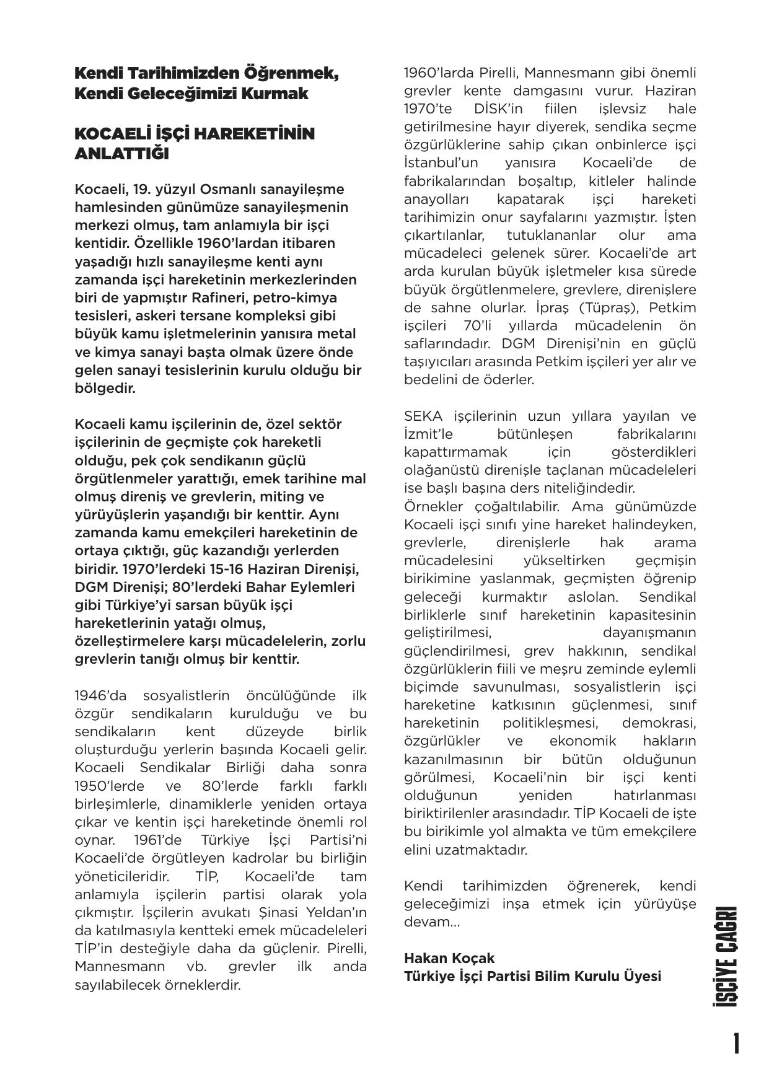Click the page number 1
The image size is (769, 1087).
click(736, 1044)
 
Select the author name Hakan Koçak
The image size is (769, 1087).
click(449, 958)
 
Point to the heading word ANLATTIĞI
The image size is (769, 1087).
click(121, 154)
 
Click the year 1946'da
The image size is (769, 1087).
click(100, 695)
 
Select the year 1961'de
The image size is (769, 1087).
click(159, 840)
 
